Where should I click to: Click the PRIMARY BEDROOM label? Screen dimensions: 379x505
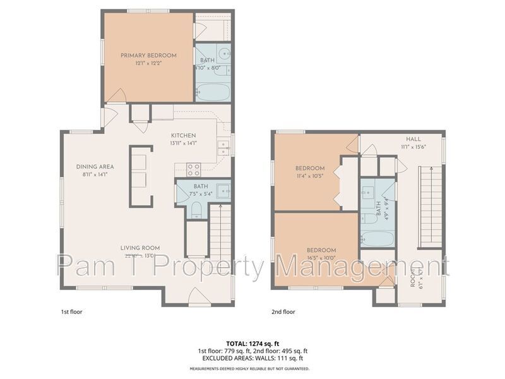click(x=148, y=56)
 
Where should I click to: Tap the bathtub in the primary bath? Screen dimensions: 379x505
click(x=212, y=92)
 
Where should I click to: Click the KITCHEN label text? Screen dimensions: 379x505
click(x=184, y=135)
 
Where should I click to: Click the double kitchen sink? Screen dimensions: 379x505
click(x=223, y=148)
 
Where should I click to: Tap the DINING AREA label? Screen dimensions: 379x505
click(x=95, y=167)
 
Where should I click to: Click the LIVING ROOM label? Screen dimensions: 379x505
click(x=140, y=248)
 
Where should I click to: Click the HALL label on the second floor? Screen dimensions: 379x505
click(x=413, y=139)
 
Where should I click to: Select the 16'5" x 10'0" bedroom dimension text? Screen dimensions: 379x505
click(x=321, y=258)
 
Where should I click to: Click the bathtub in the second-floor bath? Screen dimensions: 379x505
click(x=378, y=239)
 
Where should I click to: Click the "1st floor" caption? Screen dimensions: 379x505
click(x=71, y=311)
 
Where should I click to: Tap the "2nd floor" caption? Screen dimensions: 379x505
click(x=283, y=311)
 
